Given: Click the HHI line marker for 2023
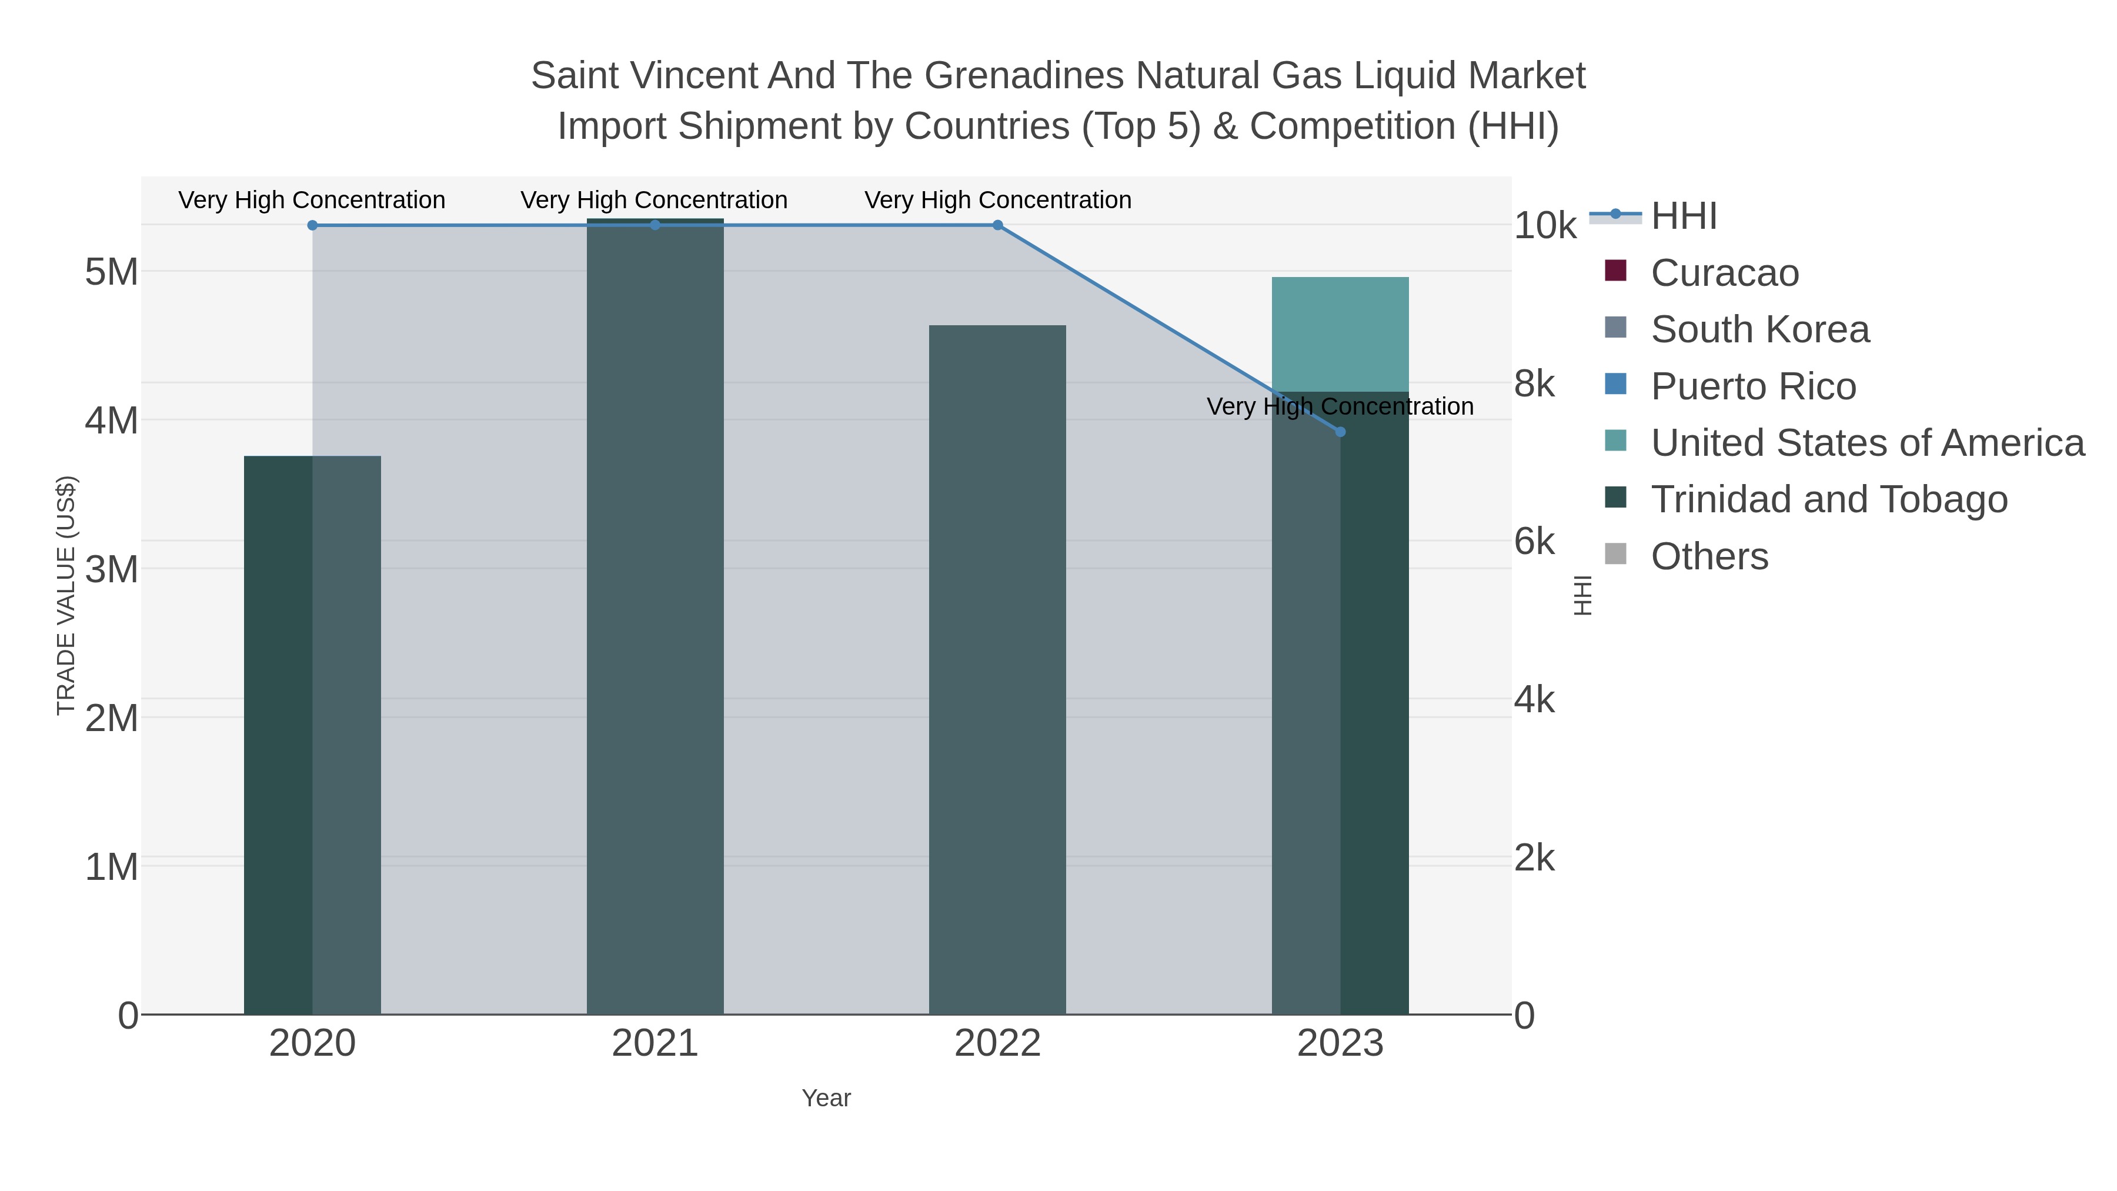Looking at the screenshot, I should pyautogui.click(x=1340, y=432).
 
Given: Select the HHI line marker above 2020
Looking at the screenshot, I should pyautogui.click(x=312, y=225).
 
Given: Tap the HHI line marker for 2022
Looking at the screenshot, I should pyautogui.click(x=998, y=225).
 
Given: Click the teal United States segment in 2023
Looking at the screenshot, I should pyautogui.click(x=1340, y=333).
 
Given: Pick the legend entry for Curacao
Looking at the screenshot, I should pyautogui.click(x=1724, y=273).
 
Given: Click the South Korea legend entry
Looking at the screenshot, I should pyautogui.click(x=1759, y=329).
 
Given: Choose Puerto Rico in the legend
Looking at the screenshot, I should pyautogui.click(x=1753, y=386).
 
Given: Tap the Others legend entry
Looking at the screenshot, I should pyautogui.click(x=1709, y=556).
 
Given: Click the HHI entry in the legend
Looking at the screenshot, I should pyautogui.click(x=1683, y=216).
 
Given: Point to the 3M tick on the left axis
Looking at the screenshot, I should pyautogui.click(x=112, y=569).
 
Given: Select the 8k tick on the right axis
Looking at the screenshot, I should pyautogui.click(x=1534, y=384).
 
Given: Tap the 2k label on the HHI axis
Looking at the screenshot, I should pyautogui.click(x=1534, y=858).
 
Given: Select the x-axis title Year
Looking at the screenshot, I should pyautogui.click(x=826, y=1098).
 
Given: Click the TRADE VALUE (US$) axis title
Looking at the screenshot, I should pyautogui.click(x=66, y=595).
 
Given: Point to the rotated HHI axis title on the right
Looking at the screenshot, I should pyautogui.click(x=1582, y=595).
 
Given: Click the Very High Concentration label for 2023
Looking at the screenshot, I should pyautogui.click(x=1340, y=407).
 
